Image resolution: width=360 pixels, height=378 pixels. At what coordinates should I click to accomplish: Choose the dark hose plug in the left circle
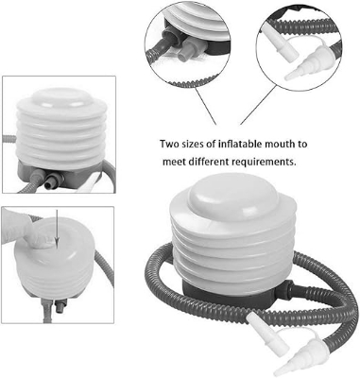coord(166,42)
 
